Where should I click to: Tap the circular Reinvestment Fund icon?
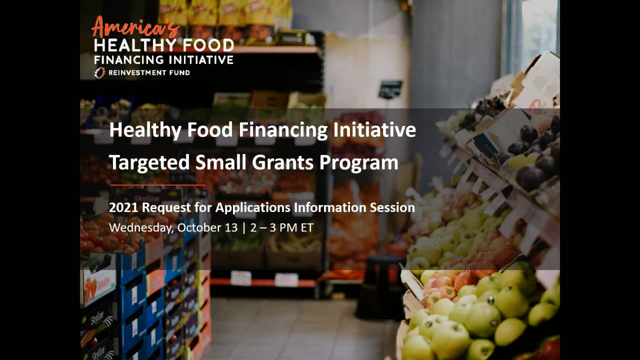99,73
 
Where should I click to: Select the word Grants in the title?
289,162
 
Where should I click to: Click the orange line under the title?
157,185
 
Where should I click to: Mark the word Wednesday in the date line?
138,227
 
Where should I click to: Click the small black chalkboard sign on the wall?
390,89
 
